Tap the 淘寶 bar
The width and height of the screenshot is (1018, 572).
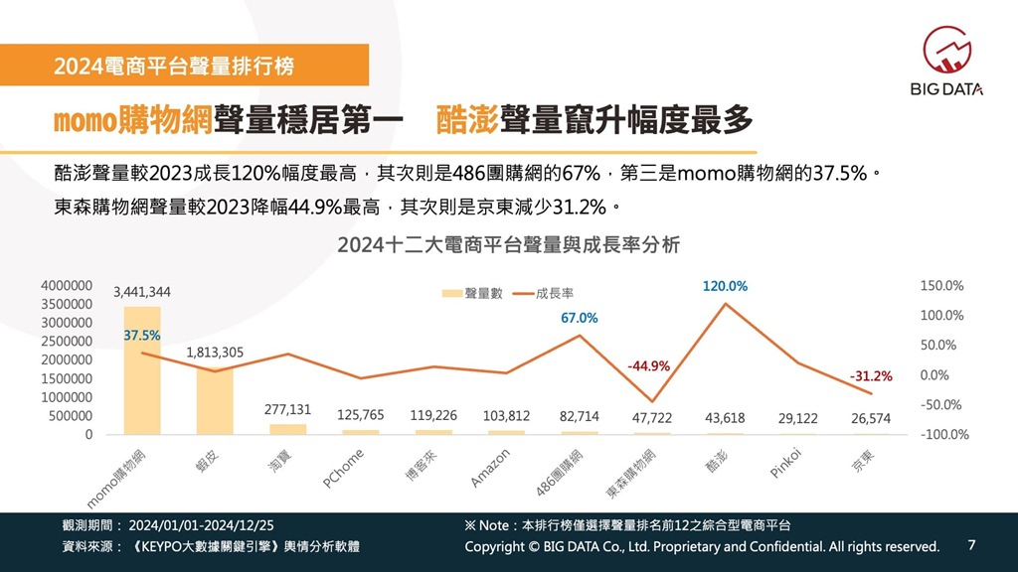pyautogui.click(x=288, y=429)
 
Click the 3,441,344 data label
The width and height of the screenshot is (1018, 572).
pyautogui.click(x=142, y=292)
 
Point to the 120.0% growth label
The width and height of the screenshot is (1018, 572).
pyautogui.click(x=725, y=286)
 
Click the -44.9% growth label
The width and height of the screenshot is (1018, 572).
pyautogui.click(x=648, y=366)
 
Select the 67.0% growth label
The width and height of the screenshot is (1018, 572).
pyautogui.click(x=580, y=318)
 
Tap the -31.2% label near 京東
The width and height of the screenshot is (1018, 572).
pyautogui.click(x=871, y=376)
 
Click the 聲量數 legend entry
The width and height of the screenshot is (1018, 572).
pyautogui.click(x=476, y=293)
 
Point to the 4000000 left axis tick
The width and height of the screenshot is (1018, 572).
pyautogui.click(x=68, y=285)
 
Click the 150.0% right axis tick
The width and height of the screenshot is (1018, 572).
pyautogui.click(x=942, y=285)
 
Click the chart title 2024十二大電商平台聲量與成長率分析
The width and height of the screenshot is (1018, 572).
pyautogui.click(x=508, y=245)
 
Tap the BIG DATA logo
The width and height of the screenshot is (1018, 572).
pyautogui.click(x=946, y=62)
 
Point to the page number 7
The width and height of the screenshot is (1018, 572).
pyautogui.click(x=971, y=545)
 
